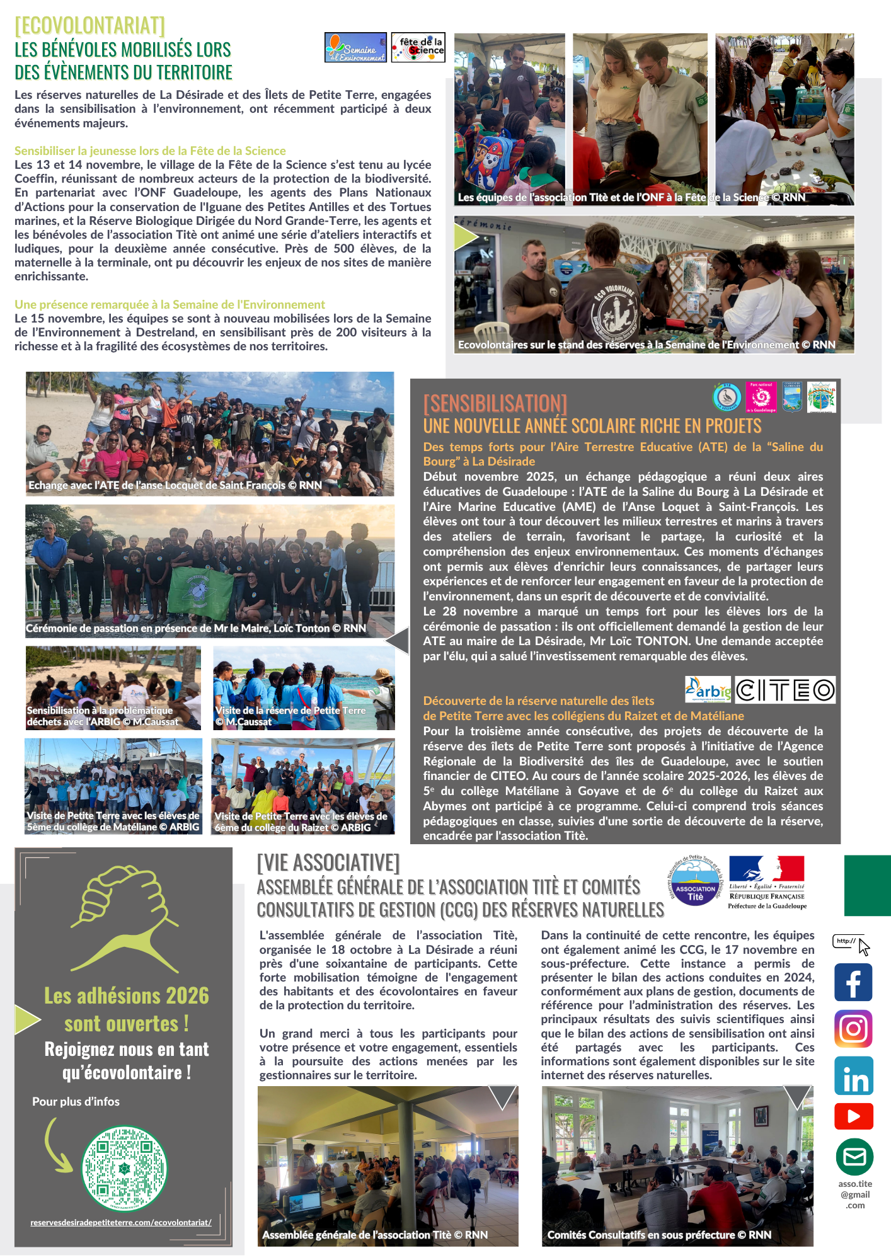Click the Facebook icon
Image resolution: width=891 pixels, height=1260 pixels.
853,982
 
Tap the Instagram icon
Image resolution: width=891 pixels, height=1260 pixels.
853,1028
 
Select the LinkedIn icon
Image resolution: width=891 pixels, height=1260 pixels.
853,1075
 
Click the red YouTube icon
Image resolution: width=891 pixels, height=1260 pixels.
853,1116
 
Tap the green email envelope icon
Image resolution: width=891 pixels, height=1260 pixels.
854,1157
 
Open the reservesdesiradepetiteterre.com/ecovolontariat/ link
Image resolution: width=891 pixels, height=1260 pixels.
121,1222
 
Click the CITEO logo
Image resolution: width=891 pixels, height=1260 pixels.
785,690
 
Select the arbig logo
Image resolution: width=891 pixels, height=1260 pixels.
708,690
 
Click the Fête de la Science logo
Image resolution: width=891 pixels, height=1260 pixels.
418,47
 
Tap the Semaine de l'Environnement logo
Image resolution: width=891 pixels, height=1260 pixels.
355,47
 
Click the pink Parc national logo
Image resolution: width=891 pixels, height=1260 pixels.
761,397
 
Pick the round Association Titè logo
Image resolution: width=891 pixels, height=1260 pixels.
694,881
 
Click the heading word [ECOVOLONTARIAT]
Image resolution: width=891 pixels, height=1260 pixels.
89,25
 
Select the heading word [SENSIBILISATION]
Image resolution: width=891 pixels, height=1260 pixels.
495,403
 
